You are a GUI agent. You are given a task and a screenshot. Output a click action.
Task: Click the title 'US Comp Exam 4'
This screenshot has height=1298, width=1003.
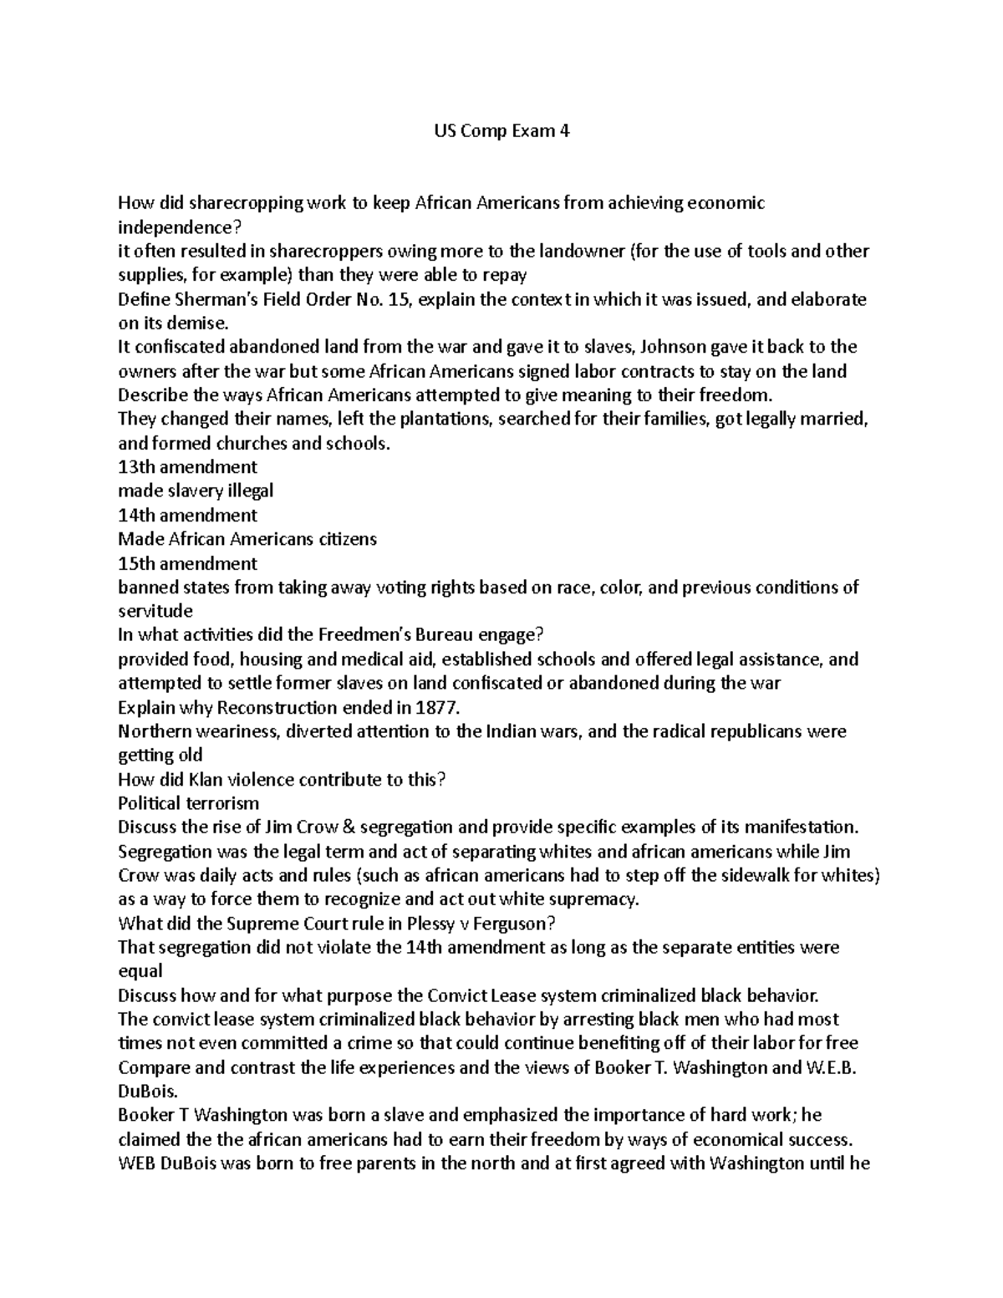[501, 131]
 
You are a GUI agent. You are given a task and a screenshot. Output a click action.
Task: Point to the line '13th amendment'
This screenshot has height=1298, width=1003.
[187, 466]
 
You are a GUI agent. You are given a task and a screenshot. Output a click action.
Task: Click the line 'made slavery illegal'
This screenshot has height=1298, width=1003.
[196, 491]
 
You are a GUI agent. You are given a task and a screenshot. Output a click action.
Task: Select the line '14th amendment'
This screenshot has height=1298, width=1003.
[187, 515]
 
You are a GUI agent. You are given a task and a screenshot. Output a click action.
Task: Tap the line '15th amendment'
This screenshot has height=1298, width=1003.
[187, 563]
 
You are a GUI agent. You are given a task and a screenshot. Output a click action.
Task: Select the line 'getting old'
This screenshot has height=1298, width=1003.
[160, 756]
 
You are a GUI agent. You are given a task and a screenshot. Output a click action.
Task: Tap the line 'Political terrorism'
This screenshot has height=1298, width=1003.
[188, 804]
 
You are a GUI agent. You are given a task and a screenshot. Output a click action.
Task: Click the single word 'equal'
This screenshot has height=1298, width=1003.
[140, 971]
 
